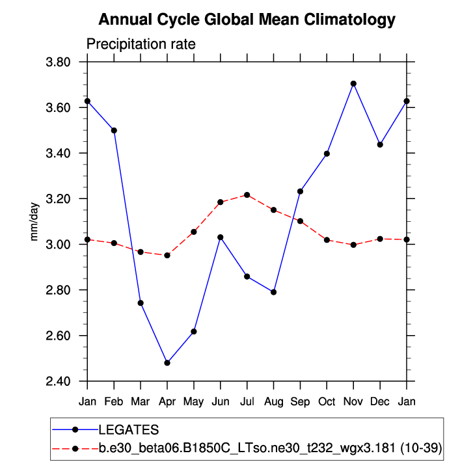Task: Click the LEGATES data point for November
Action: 353,83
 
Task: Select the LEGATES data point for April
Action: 167,362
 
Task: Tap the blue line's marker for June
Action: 221,237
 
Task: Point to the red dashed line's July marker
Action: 247,195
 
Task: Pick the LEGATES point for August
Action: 274,292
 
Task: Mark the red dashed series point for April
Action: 167,255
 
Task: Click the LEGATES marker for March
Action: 141,303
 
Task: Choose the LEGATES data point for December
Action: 380,144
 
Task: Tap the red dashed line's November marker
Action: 353,245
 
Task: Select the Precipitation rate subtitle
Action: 141,44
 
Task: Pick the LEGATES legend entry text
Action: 128,429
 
